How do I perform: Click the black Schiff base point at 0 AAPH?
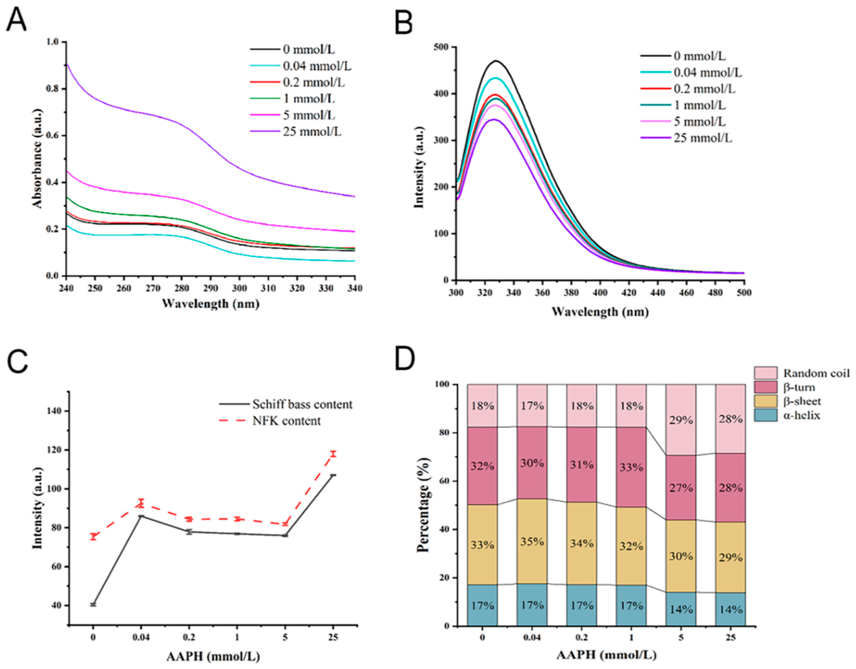click(x=93, y=604)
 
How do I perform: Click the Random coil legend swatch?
click(x=765, y=373)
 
